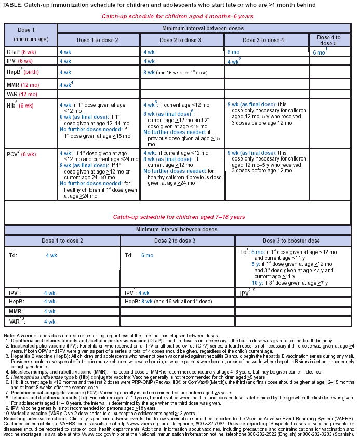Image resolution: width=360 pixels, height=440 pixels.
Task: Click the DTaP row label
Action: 20,52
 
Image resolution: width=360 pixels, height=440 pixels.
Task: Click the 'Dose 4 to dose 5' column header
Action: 328,40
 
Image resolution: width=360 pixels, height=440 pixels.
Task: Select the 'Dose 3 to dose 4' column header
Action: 266,40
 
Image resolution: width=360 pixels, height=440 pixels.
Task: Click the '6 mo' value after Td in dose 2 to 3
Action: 147,256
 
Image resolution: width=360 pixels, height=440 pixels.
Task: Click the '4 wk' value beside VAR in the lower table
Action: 49,322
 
